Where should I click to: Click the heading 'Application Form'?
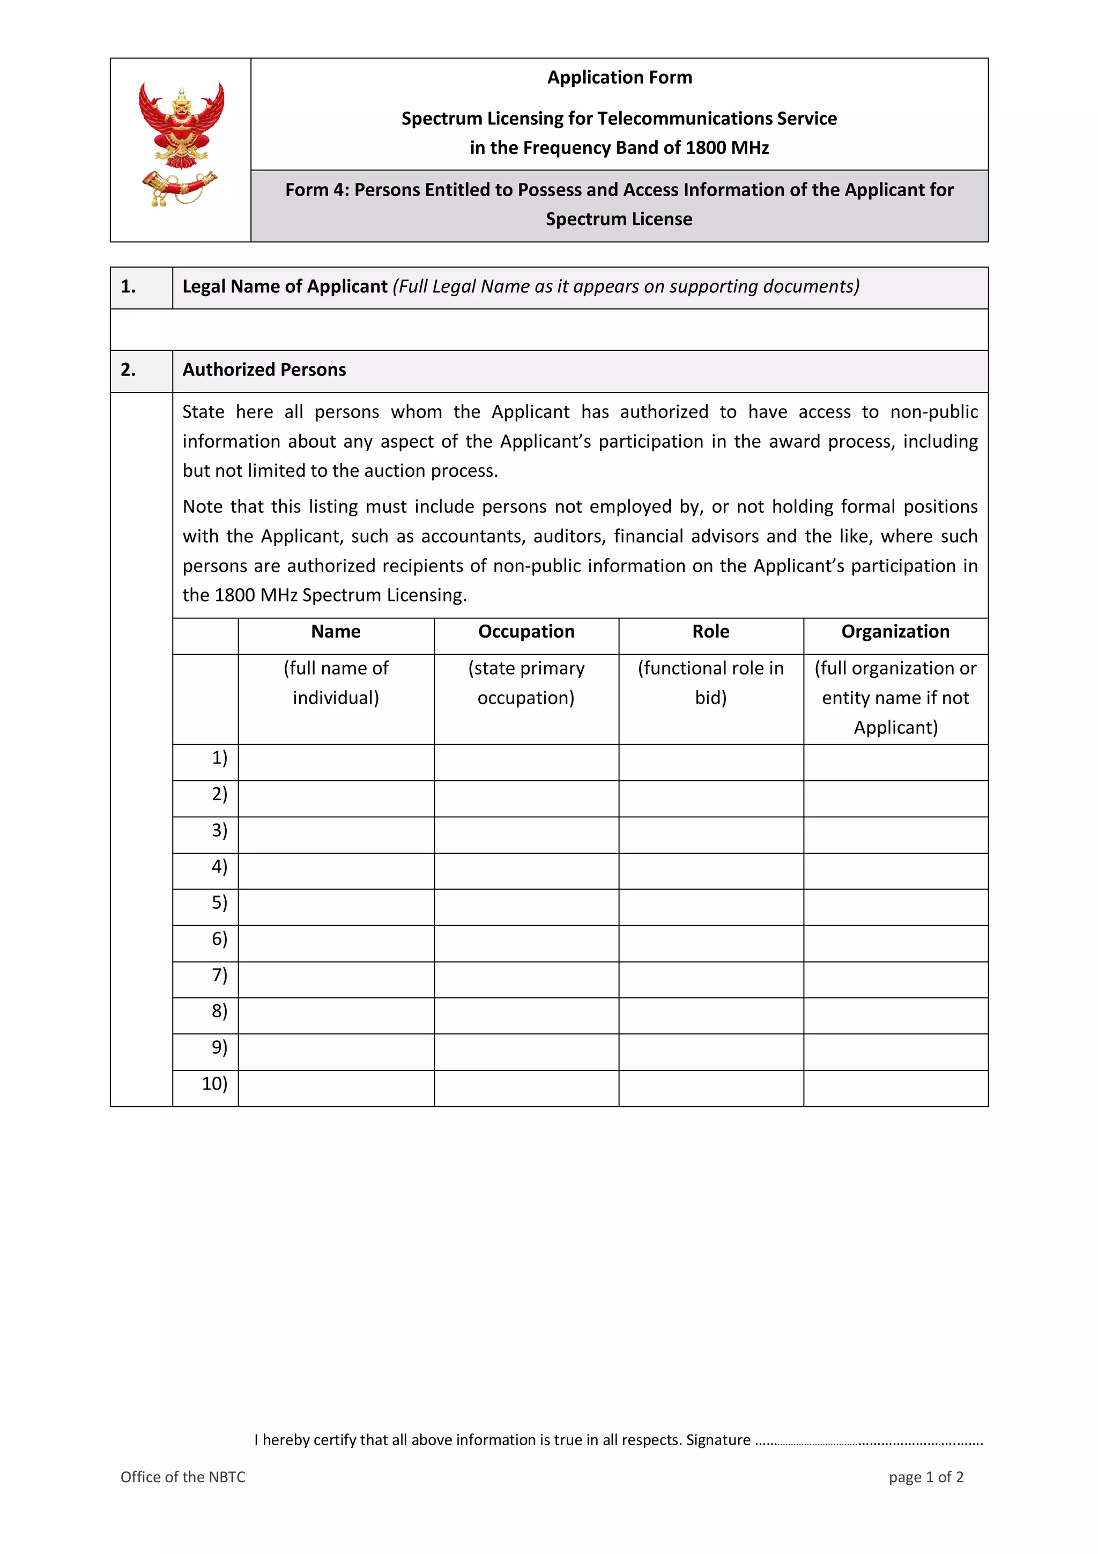tap(619, 78)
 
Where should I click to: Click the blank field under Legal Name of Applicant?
tap(548, 330)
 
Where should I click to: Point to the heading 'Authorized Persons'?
tap(264, 370)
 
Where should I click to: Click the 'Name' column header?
tap(336, 632)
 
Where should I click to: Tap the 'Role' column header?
tap(710, 632)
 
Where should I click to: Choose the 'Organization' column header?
tap(895, 632)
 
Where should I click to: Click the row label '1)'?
tap(219, 758)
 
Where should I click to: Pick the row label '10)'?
tap(214, 1084)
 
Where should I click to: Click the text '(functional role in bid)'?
tap(710, 683)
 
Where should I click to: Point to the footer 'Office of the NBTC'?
tap(183, 1477)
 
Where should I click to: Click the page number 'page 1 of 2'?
tap(925, 1477)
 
